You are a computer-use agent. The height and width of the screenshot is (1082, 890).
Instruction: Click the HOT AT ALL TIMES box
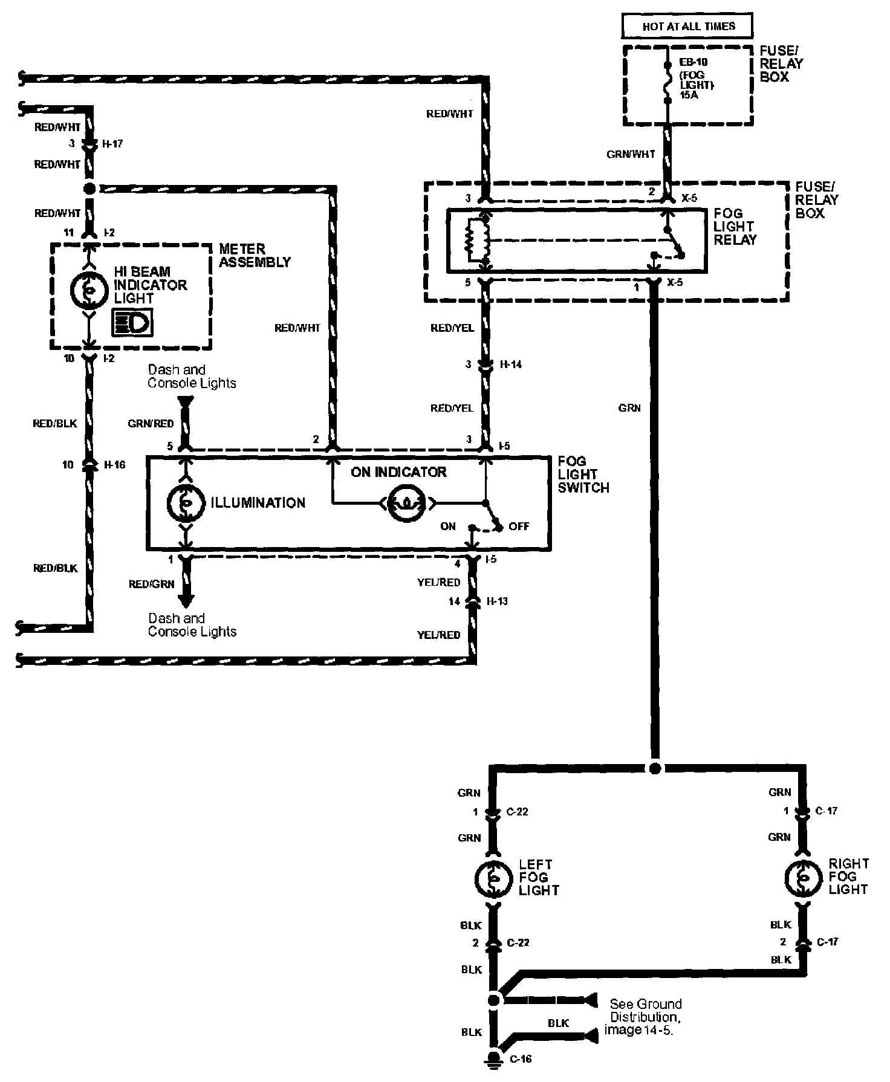[688, 27]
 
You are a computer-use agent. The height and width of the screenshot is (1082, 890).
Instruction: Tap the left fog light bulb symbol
[494, 878]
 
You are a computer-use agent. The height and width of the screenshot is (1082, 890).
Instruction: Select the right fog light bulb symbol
[804, 878]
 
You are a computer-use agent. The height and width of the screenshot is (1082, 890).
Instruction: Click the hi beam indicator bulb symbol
[89, 291]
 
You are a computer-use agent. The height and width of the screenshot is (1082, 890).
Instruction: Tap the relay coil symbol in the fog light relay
[475, 240]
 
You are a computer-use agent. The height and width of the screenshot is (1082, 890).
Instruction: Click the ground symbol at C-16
[495, 1057]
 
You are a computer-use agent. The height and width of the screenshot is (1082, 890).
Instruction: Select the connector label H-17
[112, 144]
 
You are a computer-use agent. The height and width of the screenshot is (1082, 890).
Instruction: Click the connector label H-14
[511, 364]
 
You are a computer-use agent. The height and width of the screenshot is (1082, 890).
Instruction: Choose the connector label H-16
[115, 465]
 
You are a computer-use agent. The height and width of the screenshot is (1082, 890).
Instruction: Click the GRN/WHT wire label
[631, 154]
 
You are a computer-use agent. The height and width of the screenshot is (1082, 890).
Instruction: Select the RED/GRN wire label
[152, 584]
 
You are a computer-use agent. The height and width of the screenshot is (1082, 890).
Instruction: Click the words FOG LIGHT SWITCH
[583, 475]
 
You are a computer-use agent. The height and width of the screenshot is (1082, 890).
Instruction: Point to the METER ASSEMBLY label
[255, 256]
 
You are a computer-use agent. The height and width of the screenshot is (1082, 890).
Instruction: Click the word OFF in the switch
[519, 526]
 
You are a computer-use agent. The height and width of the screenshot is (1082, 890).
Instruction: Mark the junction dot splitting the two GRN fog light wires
[654, 768]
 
